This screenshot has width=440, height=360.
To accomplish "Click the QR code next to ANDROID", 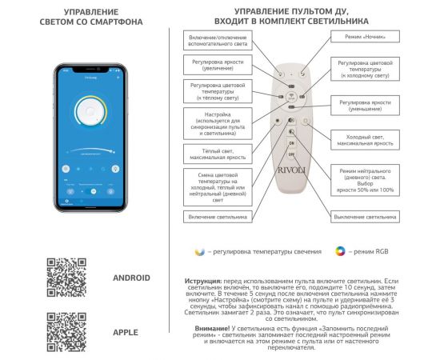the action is (66, 278).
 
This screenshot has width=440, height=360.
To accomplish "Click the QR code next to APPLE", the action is (66, 331).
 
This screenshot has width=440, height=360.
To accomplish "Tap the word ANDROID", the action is (131, 278).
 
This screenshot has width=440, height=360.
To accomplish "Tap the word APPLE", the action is (126, 331).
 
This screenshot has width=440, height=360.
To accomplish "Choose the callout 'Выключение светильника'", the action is (365, 216).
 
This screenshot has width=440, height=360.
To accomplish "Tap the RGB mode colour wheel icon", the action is (339, 251).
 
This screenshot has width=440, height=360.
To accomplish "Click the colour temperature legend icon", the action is (200, 251).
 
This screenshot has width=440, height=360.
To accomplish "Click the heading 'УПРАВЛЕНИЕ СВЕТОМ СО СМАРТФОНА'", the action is (90, 18).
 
